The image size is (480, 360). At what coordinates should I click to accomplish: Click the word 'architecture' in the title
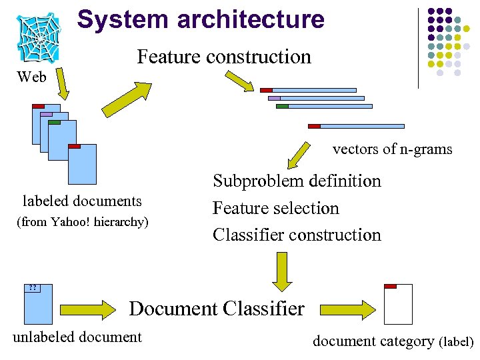250,19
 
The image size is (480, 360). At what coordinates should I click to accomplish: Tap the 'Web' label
31,77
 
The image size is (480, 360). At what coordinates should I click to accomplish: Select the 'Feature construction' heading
224,57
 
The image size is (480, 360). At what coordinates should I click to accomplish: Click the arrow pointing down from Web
62,83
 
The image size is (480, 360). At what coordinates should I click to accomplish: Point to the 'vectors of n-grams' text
392,149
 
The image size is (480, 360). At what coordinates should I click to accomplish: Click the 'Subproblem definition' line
297,181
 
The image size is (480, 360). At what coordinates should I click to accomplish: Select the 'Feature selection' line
275,209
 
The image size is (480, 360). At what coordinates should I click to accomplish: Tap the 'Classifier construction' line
297,235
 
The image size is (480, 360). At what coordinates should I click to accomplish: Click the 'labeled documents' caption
82,201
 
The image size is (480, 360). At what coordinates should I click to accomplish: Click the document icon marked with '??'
37,303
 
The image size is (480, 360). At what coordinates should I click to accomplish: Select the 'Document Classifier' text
216,309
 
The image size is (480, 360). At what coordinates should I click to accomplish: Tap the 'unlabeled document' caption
77,337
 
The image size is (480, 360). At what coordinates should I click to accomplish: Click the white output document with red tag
398,304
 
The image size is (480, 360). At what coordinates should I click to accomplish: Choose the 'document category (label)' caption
393,341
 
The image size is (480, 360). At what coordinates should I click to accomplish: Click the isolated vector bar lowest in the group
356,126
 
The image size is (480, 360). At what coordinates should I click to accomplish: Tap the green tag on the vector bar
282,106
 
